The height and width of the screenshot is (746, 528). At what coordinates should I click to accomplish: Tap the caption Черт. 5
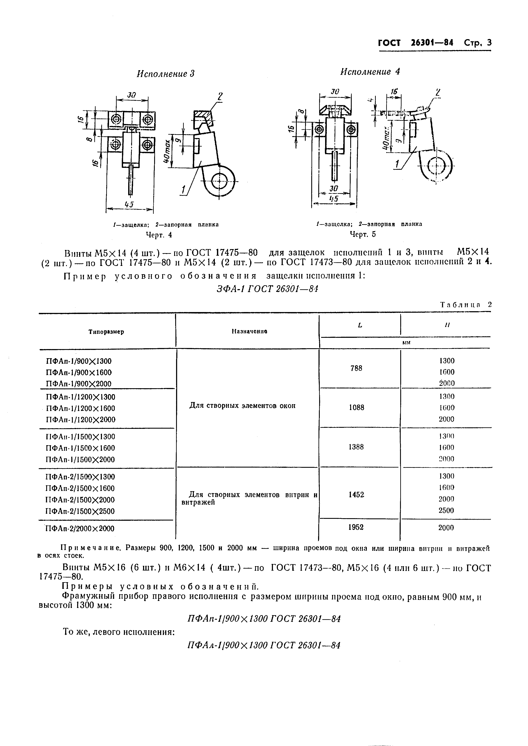click(x=363, y=234)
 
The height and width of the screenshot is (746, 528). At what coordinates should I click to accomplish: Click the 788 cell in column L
click(x=356, y=368)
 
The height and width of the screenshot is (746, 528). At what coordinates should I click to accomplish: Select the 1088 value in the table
click(x=356, y=407)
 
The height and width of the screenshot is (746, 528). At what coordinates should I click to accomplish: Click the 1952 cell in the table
click(x=356, y=527)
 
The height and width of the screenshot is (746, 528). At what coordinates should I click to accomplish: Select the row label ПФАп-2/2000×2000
click(x=80, y=529)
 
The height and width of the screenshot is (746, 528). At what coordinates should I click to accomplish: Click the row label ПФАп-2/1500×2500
click(x=80, y=511)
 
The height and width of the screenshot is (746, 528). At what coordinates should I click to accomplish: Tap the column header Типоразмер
click(x=106, y=332)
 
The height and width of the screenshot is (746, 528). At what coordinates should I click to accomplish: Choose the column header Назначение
click(x=249, y=331)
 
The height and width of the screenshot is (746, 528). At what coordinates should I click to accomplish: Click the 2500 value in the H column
click(x=446, y=511)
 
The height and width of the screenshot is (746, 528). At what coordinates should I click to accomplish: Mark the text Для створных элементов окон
click(x=242, y=406)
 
